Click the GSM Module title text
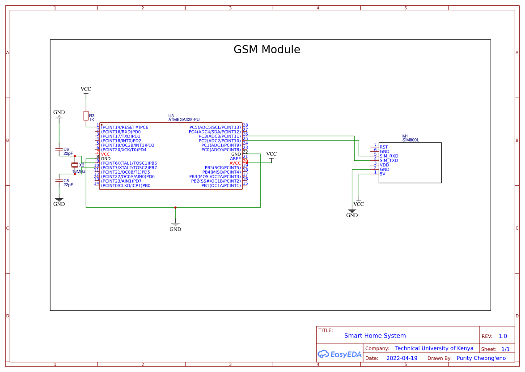[267, 49]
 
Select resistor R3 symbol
[86, 116]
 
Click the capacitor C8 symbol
[59, 180]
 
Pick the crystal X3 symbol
[75, 165]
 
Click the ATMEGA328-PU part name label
[184, 120]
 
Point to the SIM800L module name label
[411, 140]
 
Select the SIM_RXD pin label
[389, 156]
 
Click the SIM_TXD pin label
[389, 161]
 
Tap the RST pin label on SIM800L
[384, 147]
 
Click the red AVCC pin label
[235, 163]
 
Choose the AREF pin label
[235, 158]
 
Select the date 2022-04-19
[402, 358]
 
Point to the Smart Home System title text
[375, 336]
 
